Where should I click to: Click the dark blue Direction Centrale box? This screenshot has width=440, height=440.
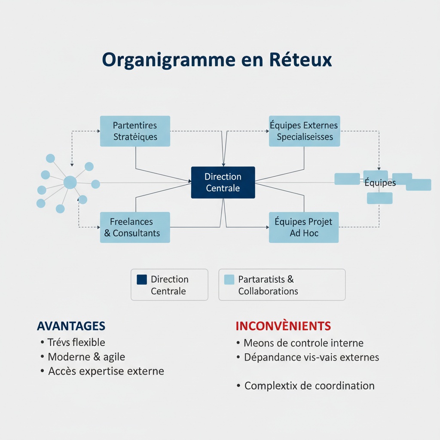(223, 183)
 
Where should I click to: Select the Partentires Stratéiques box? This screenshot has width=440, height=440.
(135, 131)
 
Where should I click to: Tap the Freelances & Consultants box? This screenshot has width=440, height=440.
(135, 227)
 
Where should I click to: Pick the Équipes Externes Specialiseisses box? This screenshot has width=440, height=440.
(305, 131)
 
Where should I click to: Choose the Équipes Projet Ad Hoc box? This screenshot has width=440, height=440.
(304, 227)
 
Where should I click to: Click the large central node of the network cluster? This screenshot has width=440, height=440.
(70, 183)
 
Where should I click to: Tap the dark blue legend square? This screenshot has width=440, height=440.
(142, 280)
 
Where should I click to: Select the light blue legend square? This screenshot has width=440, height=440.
(229, 280)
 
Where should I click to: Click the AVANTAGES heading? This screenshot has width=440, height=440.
(71, 326)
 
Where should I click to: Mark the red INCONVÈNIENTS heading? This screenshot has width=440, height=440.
(283, 326)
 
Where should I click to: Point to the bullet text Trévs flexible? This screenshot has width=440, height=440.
(76, 342)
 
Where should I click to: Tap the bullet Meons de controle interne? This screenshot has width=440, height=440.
(303, 343)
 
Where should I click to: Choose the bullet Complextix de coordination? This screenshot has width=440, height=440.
(309, 385)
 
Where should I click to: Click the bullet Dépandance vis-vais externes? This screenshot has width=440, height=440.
(312, 357)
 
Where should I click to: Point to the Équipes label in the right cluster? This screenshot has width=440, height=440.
(380, 183)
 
